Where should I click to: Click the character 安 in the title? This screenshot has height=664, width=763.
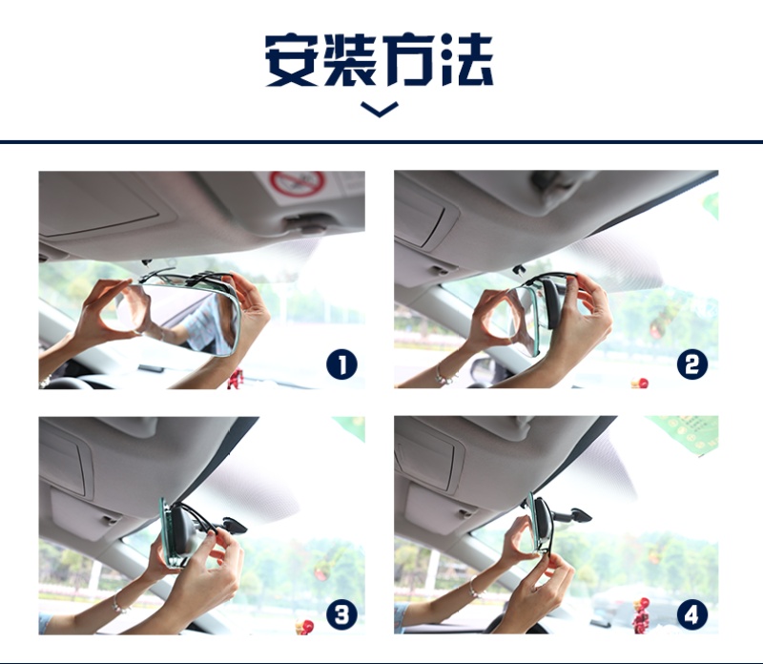(x=293, y=60)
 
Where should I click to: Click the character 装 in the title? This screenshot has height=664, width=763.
(x=349, y=60)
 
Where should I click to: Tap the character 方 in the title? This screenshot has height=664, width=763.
(x=407, y=60)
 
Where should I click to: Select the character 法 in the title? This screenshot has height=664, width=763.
(x=465, y=60)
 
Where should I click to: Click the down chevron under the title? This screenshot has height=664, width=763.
(x=380, y=110)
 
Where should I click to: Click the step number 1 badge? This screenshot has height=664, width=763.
(x=341, y=365)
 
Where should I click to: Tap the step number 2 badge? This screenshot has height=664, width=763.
(x=692, y=364)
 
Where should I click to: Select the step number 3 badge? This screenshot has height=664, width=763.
(x=341, y=614)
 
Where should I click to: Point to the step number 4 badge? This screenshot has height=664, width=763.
(x=692, y=614)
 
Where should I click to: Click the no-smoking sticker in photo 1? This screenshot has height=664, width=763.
(x=298, y=185)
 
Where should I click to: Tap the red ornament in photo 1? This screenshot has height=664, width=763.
(x=236, y=379)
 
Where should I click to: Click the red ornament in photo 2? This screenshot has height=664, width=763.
(x=640, y=383)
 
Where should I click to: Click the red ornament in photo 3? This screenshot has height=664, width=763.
(x=305, y=626)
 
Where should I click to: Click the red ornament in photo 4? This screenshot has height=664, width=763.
(x=641, y=614)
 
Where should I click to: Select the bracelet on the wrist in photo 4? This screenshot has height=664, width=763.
(x=474, y=588)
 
